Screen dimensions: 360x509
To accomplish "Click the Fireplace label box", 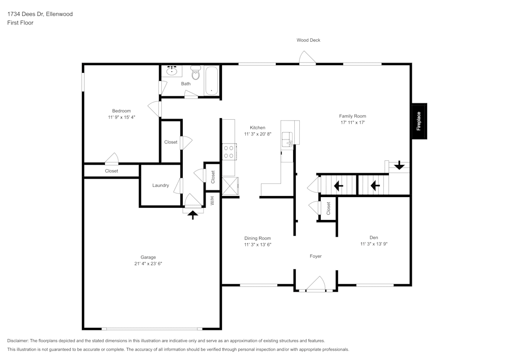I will click(x=419, y=121).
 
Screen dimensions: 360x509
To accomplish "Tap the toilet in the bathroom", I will click(x=195, y=73).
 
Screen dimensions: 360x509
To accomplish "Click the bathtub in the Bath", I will click(x=211, y=81).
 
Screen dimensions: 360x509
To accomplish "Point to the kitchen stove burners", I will click(x=229, y=152).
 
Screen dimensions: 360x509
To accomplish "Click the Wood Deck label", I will click(x=308, y=40).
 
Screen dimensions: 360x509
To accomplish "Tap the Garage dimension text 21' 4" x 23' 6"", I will click(x=148, y=264).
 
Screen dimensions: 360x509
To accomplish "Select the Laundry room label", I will click(x=160, y=185).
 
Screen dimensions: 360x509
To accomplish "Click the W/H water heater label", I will click(x=212, y=201).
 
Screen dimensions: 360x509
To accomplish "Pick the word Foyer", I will click(x=316, y=256).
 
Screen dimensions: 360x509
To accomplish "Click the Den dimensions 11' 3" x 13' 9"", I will click(x=374, y=244).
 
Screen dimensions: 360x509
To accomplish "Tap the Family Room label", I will click(x=353, y=116).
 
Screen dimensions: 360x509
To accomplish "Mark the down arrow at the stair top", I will click(x=399, y=165).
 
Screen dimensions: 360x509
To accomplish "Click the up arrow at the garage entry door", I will click(x=192, y=214).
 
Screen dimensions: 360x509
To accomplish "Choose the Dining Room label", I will click(x=258, y=238).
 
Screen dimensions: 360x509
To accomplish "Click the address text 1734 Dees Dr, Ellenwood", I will click(x=40, y=14).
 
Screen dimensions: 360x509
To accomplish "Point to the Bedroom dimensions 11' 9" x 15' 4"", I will click(x=122, y=117).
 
